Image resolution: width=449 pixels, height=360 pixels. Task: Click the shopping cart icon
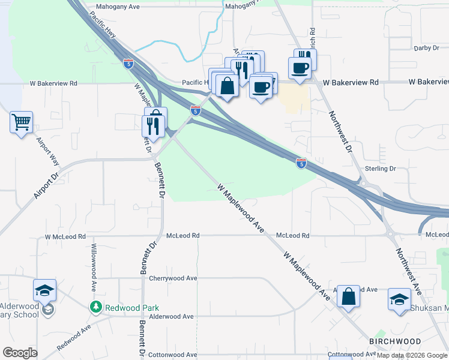(x=22, y=122)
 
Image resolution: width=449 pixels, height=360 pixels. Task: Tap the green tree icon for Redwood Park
(x=95, y=307)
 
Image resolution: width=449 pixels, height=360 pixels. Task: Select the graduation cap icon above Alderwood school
(x=44, y=290)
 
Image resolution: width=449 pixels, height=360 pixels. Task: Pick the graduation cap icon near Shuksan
(x=399, y=299)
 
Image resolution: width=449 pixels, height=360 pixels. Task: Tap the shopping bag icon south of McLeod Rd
(x=348, y=296)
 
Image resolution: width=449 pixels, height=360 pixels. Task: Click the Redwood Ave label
(x=73, y=338)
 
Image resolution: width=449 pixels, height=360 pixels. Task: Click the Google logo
(x=20, y=353)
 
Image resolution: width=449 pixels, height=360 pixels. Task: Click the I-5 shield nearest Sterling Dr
(x=301, y=163)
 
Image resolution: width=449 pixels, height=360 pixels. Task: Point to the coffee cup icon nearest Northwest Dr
(x=300, y=67)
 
